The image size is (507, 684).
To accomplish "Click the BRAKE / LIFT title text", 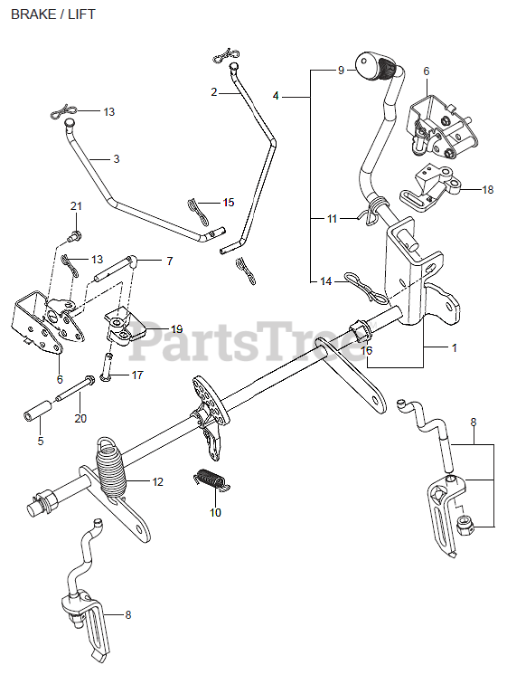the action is [52, 14].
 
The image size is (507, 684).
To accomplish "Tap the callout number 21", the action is [76, 206].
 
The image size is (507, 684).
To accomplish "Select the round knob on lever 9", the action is [369, 67].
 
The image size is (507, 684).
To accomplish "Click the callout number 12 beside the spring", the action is [157, 481].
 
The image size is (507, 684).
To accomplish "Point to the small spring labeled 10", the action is [211, 480].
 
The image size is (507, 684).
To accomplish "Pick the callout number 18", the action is [488, 190].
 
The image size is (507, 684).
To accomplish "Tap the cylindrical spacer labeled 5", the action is [38, 411].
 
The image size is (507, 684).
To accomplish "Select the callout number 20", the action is [80, 418].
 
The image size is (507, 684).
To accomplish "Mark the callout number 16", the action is [367, 350].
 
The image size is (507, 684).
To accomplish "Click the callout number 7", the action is [169, 261].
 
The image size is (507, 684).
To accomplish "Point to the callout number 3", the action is [117, 159].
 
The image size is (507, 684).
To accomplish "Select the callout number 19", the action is [176, 329].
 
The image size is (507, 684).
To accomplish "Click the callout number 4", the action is [276, 96].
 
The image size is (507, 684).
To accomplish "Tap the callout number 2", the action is [214, 92].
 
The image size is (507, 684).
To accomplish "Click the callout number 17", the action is [137, 375].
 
